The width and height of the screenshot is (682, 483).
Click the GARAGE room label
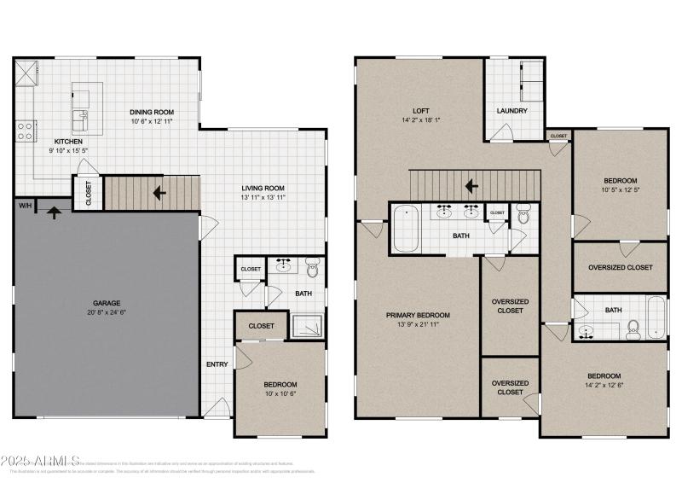point(107,303)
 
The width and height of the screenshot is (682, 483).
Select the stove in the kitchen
point(25,131)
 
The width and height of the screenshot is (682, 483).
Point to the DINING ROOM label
point(152,112)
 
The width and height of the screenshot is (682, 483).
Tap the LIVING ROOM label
point(262,188)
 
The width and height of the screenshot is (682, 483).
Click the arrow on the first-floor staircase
point(159,193)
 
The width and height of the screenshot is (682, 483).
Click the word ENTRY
point(217,364)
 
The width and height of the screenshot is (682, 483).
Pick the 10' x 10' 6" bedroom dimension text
point(280,394)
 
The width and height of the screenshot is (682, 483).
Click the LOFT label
point(420,110)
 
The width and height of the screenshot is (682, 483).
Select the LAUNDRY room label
point(511,111)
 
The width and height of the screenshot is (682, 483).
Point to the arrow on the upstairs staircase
point(471,185)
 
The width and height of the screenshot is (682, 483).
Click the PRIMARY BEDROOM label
point(418,315)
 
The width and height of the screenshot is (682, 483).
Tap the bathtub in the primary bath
point(406,230)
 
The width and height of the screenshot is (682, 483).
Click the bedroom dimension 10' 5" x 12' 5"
point(620,191)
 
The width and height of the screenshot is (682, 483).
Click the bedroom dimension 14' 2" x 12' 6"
point(603,386)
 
